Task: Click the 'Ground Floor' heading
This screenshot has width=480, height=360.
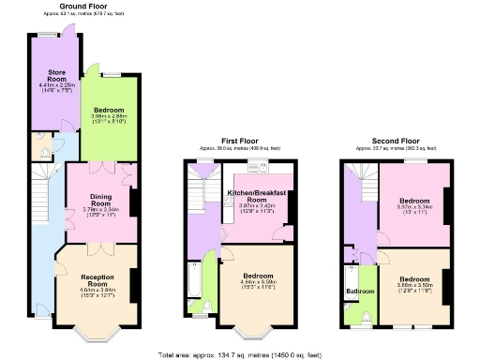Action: [x=87, y=6]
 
